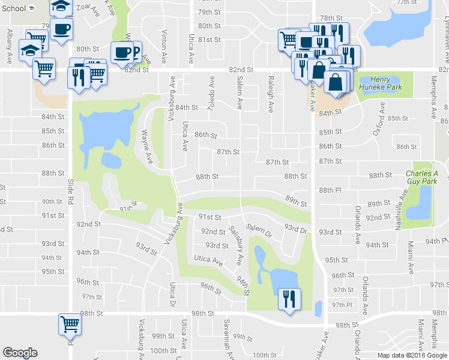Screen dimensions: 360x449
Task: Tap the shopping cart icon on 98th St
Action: (70, 325)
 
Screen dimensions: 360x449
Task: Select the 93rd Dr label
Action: (296, 230)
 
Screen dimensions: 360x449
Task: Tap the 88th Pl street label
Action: (330, 190)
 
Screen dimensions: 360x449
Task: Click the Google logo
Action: (20, 353)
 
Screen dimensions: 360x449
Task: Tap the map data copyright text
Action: (412, 355)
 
